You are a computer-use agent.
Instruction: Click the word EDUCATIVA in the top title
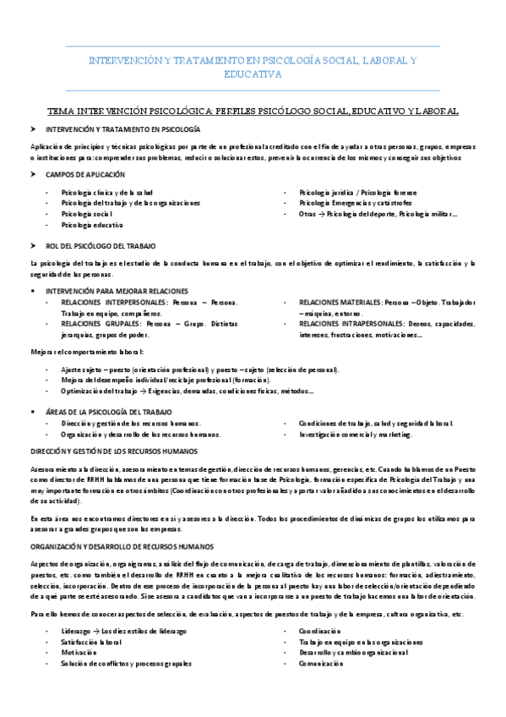click(253, 74)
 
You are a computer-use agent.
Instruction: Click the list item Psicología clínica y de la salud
click(106, 193)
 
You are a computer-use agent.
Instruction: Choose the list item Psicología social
click(87, 215)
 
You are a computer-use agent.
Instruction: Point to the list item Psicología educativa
click(92, 226)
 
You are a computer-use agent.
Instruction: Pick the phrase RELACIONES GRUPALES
click(100, 324)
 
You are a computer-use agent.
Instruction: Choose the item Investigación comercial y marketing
click(356, 434)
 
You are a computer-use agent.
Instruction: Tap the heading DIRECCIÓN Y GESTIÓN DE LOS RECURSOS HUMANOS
click(112, 451)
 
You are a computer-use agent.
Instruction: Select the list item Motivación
click(79, 653)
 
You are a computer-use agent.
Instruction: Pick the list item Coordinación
click(319, 631)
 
